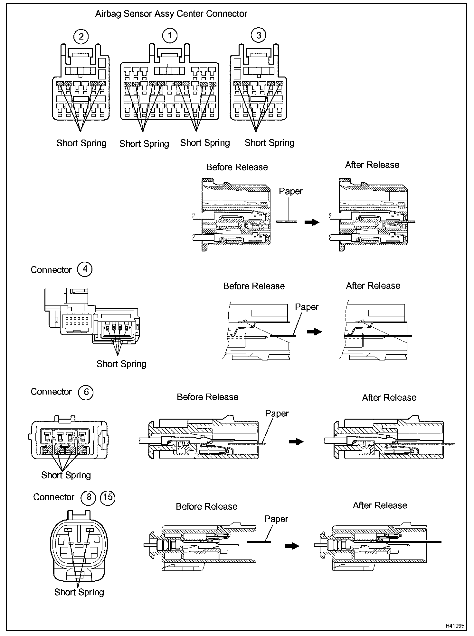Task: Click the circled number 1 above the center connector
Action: tap(170, 35)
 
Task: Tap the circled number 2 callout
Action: tap(81, 36)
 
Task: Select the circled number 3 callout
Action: tap(259, 35)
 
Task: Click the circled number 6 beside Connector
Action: tap(86, 392)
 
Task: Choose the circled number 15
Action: tap(108, 497)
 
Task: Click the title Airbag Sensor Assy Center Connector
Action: tap(171, 14)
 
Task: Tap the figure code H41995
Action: tap(455, 626)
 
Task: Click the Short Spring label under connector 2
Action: tap(81, 143)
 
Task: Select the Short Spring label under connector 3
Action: tap(270, 143)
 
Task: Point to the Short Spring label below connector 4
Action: tap(121, 364)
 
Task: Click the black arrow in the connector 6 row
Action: tap(296, 442)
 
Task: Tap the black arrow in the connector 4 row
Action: tap(314, 332)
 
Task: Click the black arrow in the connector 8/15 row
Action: tap(292, 546)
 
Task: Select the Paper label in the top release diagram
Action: tap(291, 191)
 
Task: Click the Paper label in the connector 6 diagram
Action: tap(277, 413)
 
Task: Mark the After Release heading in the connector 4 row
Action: tap(373, 286)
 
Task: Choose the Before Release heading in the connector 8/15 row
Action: tap(206, 506)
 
